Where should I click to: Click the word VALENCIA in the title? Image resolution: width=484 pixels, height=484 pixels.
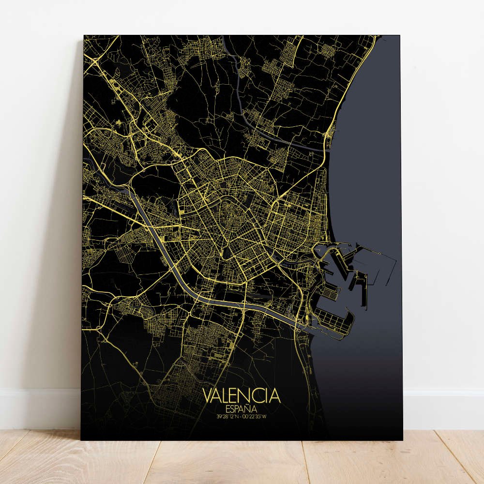241,395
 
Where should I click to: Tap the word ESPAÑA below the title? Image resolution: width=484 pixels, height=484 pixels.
241,408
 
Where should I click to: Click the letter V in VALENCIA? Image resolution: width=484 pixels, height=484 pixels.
207,395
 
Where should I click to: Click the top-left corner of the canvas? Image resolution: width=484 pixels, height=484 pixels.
84,35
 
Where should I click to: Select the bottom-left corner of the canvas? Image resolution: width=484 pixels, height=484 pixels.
81,439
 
